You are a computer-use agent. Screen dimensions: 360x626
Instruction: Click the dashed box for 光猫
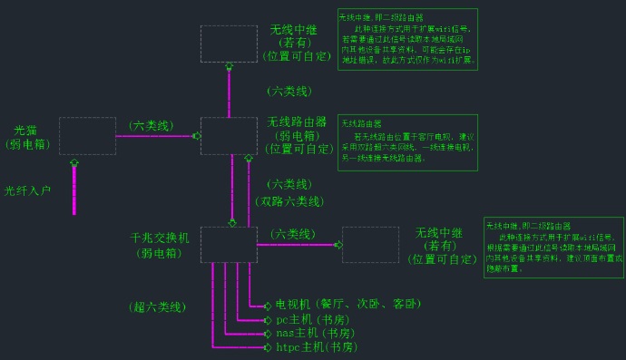(87, 136)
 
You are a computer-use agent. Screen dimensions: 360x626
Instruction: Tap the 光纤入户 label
(27, 191)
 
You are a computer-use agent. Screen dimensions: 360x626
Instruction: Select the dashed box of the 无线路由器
(229, 136)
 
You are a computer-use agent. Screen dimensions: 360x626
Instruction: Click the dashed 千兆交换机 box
(229, 245)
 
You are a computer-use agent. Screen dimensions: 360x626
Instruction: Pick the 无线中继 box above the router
(229, 44)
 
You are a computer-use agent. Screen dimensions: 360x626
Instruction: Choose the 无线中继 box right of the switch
(370, 245)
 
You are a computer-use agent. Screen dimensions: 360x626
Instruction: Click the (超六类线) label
(157, 307)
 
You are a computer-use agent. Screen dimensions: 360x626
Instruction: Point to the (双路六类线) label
(289, 201)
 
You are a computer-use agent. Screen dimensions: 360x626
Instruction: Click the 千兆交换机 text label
(160, 238)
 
